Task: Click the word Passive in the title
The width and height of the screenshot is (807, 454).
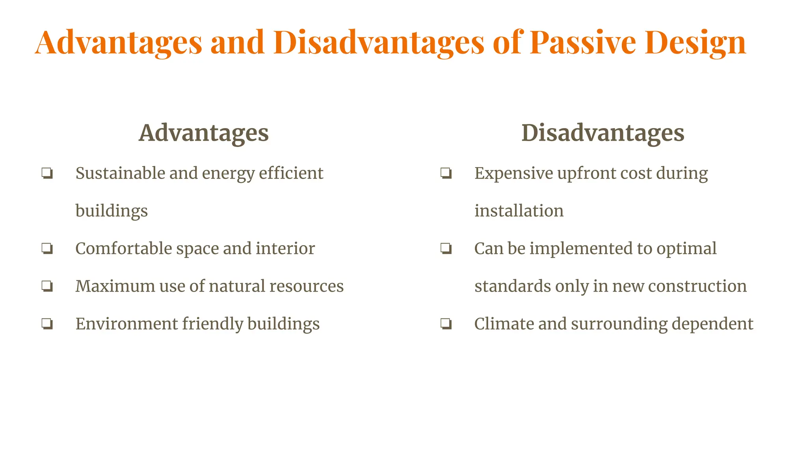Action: [582, 43]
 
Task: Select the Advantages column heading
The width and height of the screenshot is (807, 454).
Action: [204, 133]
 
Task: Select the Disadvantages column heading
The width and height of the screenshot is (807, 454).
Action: [602, 133]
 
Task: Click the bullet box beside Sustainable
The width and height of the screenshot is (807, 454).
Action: [47, 173]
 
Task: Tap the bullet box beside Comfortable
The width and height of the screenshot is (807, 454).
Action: [47, 249]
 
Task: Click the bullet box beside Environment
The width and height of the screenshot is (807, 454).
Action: [47, 324]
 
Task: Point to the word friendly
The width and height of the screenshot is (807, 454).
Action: [212, 324]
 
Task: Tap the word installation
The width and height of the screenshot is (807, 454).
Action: [519, 211]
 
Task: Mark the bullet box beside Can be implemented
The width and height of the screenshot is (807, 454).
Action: [446, 249]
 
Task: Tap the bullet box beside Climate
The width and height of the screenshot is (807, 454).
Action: [446, 324]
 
